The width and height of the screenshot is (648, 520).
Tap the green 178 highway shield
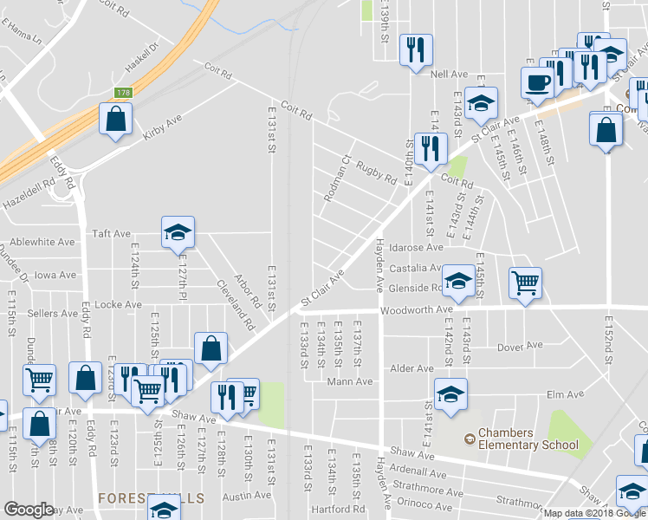click(124, 93)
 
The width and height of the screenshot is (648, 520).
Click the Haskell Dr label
click(142, 58)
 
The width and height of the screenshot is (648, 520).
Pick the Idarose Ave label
click(415, 248)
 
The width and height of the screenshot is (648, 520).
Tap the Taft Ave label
click(111, 233)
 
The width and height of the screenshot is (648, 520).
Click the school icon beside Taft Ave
click(178, 231)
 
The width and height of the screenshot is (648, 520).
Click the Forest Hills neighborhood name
click(151, 498)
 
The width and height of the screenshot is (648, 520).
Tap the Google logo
click(29, 509)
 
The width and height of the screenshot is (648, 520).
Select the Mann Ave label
click(350, 381)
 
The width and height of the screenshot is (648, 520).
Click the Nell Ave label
click(449, 75)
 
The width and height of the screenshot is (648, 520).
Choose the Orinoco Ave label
click(424, 502)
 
